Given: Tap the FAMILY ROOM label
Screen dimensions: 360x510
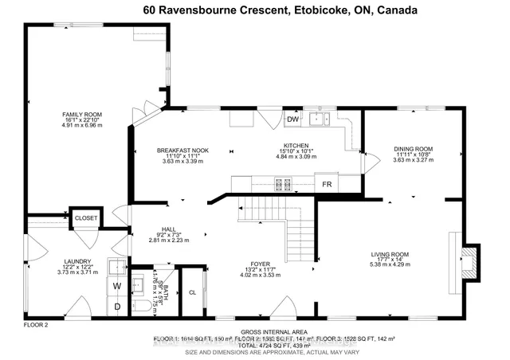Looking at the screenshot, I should tap(77, 120).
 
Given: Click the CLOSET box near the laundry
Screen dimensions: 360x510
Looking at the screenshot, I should tap(86, 217).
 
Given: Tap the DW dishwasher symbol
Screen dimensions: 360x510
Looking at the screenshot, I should tap(292, 119).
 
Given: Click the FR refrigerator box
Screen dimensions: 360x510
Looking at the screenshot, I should tap(327, 184).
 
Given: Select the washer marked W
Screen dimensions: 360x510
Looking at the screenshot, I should tap(116, 285).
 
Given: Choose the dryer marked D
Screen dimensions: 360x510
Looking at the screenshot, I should tap(116, 305).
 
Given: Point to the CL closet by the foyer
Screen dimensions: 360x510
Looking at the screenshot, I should tap(192, 292).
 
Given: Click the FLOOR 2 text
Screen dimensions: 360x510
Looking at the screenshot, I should tap(36, 326).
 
